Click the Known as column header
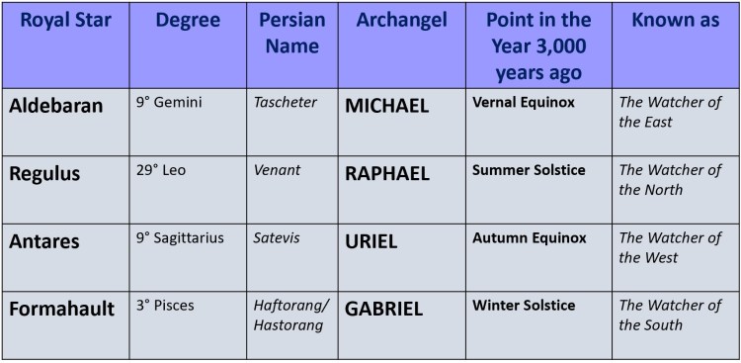[675, 21]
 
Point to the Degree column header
[187, 21]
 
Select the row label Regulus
[44, 174]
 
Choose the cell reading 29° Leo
[161, 170]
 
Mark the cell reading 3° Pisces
[165, 306]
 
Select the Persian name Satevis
[276, 238]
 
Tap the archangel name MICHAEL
[387, 106]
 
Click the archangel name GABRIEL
[384, 310]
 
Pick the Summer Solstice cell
[529, 170]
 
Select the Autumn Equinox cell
[529, 238]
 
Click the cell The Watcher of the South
[671, 315]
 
